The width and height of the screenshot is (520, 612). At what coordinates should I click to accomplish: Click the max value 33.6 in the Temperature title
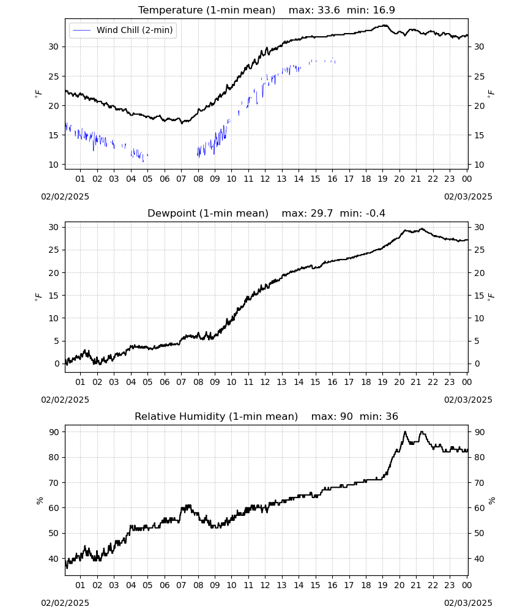point(329,10)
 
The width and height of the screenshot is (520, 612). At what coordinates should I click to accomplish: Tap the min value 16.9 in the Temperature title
point(384,10)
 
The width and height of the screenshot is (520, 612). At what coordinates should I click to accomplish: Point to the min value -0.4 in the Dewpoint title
point(373,214)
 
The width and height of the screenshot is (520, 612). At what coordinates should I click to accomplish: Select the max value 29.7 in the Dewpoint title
point(322,214)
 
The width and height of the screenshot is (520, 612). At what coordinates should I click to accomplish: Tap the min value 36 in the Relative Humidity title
point(392,417)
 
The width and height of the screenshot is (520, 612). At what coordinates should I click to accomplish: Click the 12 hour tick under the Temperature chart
point(266,179)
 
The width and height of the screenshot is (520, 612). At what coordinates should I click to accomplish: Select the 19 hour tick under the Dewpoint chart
point(383,382)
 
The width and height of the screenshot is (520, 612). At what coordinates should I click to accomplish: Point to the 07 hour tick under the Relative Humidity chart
point(181,585)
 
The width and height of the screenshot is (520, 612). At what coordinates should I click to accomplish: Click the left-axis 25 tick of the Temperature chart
point(53,76)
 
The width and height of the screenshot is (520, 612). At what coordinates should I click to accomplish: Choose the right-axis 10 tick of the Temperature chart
point(480,165)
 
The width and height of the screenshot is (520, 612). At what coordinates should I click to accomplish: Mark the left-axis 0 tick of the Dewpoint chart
point(58,364)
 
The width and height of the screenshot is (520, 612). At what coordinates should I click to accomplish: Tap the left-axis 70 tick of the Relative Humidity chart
point(54,483)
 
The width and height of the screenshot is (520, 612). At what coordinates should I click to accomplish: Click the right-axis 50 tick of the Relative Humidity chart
point(480,534)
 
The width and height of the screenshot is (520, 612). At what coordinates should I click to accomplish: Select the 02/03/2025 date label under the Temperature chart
point(468,196)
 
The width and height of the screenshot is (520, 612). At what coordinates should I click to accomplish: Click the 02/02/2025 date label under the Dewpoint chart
point(65,400)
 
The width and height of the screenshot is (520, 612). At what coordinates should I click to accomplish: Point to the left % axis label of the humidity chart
point(40,501)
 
